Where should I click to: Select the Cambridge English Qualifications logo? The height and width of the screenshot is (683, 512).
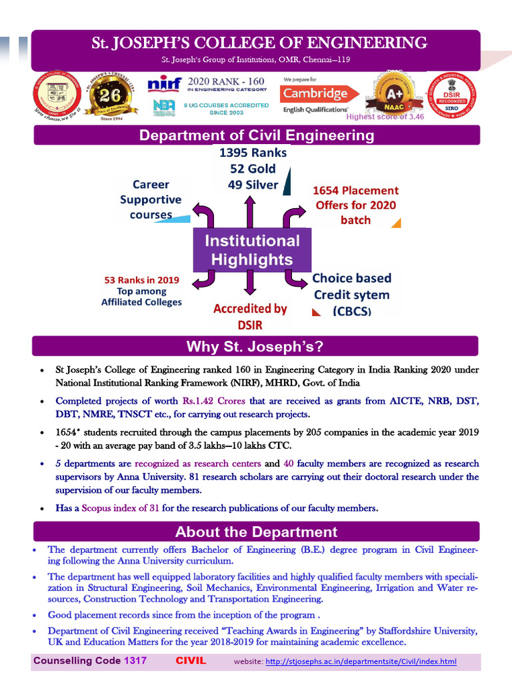click(x=315, y=94)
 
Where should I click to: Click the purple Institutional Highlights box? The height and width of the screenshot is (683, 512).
click(x=251, y=249)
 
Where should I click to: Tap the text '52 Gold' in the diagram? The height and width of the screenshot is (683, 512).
click(x=253, y=169)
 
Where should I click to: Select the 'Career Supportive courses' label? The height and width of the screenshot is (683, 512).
click(x=151, y=199)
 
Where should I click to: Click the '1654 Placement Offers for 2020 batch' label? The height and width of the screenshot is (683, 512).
click(x=355, y=205)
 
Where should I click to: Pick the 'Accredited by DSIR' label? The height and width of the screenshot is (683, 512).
click(x=250, y=317)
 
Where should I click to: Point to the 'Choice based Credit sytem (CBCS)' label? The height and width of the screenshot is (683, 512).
click(x=352, y=294)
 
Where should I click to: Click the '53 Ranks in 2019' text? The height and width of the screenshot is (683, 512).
click(x=141, y=280)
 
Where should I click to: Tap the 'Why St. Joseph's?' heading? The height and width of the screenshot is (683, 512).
click(x=256, y=347)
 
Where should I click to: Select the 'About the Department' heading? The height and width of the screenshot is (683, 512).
click(x=256, y=532)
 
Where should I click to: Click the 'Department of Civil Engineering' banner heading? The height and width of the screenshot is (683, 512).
click(x=256, y=135)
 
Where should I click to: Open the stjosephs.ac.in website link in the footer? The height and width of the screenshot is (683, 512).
click(x=361, y=662)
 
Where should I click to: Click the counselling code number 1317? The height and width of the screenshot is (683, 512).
click(x=131, y=661)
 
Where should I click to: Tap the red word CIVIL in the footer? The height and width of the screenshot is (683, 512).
click(x=191, y=661)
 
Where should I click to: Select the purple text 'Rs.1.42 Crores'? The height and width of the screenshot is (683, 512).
click(x=214, y=401)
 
